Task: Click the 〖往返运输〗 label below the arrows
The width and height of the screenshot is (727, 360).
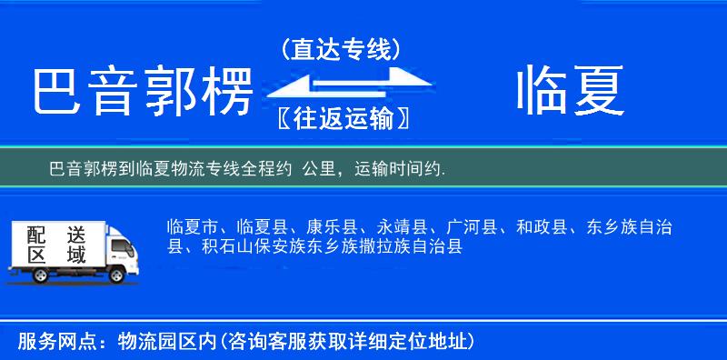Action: coord(341,118)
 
